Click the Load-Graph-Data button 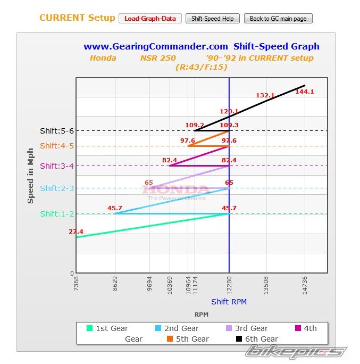click(x=150, y=19)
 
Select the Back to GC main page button click(x=278, y=19)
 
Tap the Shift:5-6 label click(x=57, y=131)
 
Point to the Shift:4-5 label click(x=57, y=146)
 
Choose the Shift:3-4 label click(x=57, y=166)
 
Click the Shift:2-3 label click(x=57, y=188)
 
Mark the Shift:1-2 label click(x=57, y=214)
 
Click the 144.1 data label click(x=305, y=92)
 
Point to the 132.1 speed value click(x=265, y=96)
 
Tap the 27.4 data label click(x=76, y=232)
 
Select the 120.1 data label click(x=229, y=112)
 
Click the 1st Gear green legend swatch click(x=90, y=328)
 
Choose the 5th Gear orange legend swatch click(x=170, y=339)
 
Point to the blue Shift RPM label click(x=229, y=302)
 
